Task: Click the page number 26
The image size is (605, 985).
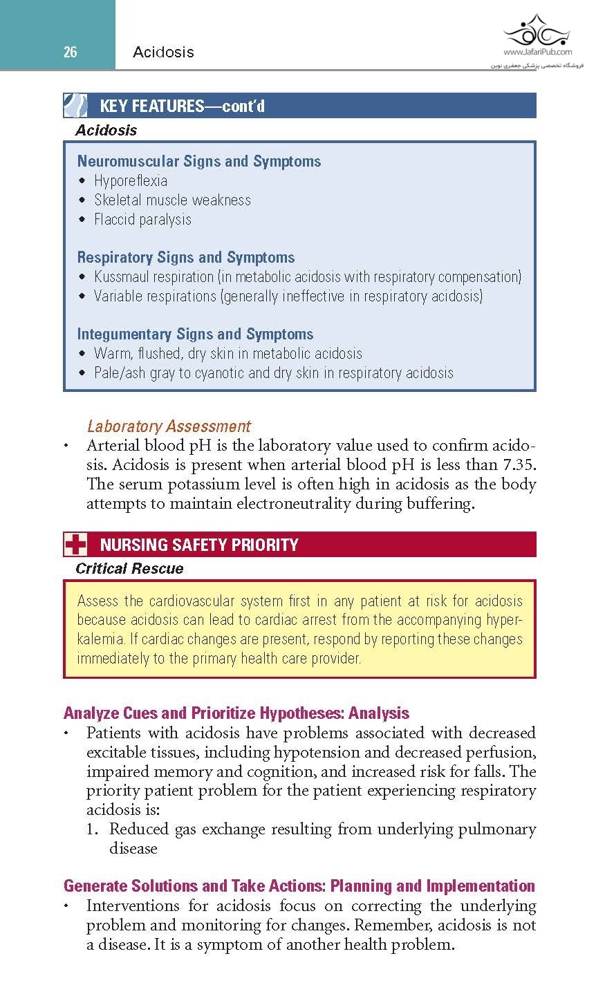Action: click(70, 52)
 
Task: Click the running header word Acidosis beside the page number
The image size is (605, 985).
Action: click(163, 52)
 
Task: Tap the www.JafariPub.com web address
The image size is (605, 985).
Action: click(537, 52)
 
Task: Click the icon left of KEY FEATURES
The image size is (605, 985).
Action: click(75, 106)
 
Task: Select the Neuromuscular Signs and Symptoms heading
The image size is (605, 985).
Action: click(199, 161)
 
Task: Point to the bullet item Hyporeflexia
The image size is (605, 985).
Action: click(131, 181)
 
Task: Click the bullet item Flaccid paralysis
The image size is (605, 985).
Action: click(142, 220)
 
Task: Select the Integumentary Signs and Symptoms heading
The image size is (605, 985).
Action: click(195, 334)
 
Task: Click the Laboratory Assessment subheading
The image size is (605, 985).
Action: click(169, 426)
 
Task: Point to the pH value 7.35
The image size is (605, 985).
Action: click(519, 465)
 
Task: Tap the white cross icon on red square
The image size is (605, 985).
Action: click(75, 545)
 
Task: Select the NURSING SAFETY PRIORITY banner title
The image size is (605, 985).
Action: click(199, 545)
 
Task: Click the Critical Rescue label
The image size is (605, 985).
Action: click(129, 568)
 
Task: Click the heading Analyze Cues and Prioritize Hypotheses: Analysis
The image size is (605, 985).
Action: click(236, 713)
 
